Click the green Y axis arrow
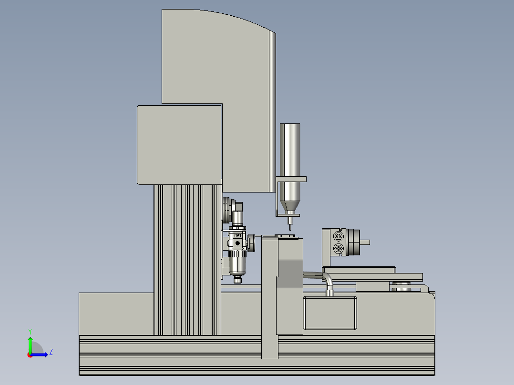30,344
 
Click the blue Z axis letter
51,352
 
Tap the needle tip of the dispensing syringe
290,230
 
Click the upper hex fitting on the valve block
339,236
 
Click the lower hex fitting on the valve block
339,248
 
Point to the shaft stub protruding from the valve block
364,243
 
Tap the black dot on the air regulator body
237,243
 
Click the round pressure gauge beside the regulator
251,243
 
